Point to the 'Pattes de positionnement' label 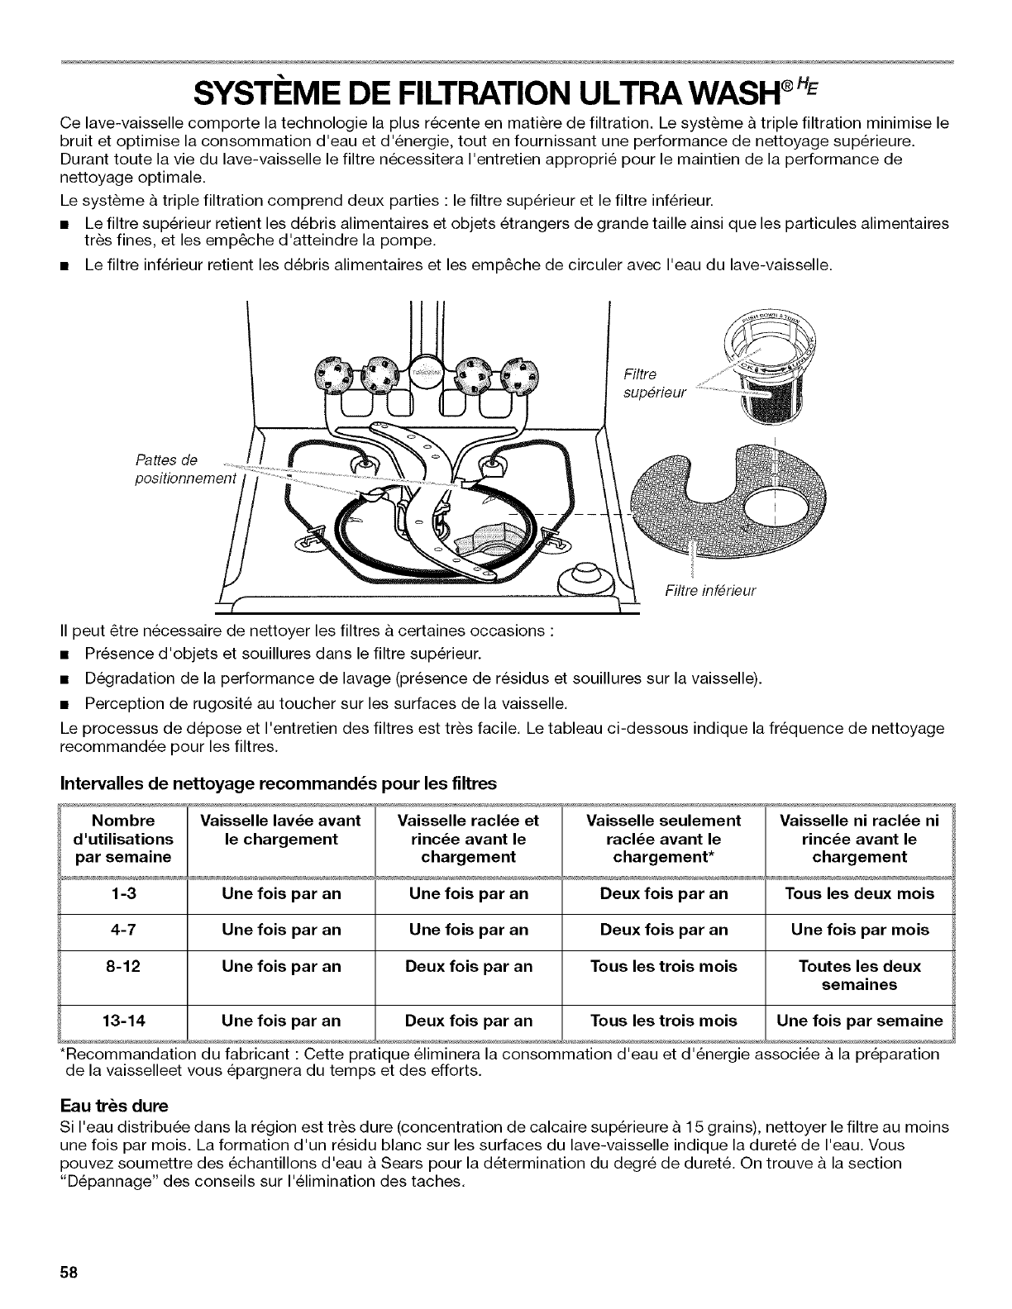pyautogui.click(x=186, y=469)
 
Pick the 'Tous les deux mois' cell pyautogui.click(x=859, y=893)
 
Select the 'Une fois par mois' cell pyautogui.click(x=859, y=930)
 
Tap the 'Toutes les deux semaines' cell pyautogui.click(x=859, y=975)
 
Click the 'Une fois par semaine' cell pyautogui.click(x=859, y=1021)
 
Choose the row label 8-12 pyautogui.click(x=123, y=966)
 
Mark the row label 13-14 pyautogui.click(x=123, y=1021)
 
